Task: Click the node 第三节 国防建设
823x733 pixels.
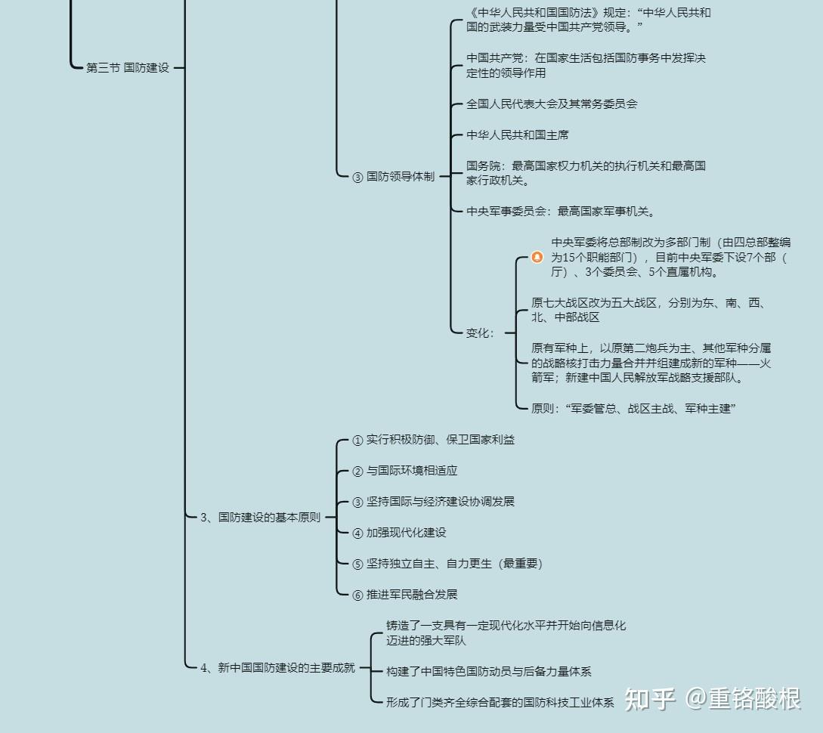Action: [128, 68]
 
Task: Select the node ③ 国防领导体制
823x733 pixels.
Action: [393, 177]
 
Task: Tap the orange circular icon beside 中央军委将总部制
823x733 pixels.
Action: [537, 257]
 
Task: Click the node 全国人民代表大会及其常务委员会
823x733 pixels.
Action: [552, 104]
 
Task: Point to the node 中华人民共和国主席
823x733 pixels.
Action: [518, 135]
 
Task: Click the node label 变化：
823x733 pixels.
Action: [480, 333]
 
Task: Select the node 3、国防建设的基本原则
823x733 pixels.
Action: [260, 518]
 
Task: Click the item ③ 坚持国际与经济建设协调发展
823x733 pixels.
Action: [433, 502]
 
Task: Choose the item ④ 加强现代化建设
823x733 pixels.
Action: [399, 533]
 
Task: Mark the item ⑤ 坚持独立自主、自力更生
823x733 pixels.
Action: [447, 564]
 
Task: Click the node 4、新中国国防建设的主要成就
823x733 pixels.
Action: [277, 668]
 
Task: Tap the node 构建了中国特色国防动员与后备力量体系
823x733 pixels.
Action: [489, 671]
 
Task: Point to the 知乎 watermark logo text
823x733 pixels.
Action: [650, 699]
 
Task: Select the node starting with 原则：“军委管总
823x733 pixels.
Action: [633, 409]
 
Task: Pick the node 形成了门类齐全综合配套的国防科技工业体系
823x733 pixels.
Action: [500, 702]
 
